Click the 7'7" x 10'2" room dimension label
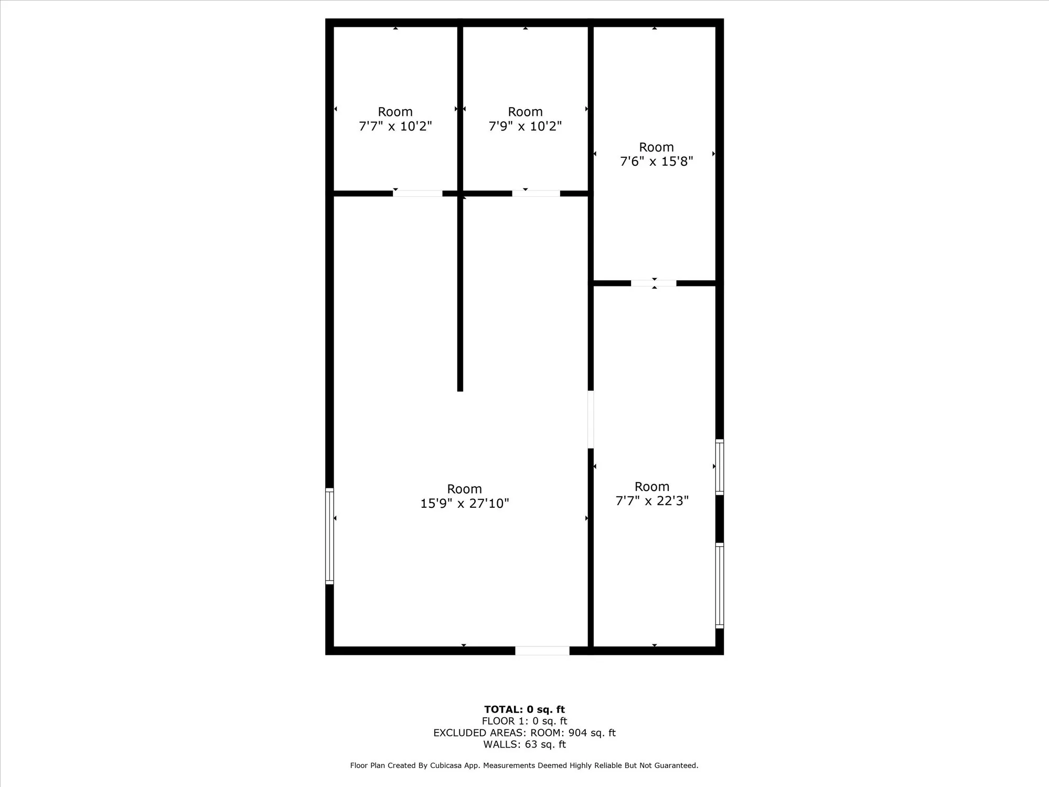[395, 126]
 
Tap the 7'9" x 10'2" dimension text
[525, 126]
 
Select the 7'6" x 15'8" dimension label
[656, 162]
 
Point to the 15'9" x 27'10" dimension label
[464, 504]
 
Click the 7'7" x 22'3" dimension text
[652, 501]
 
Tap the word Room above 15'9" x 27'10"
[464, 489]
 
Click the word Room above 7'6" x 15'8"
[656, 147]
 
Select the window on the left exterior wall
[329, 536]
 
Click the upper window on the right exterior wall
[720, 467]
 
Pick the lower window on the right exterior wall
[720, 586]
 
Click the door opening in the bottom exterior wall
[542, 651]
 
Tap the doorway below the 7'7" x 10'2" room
[418, 194]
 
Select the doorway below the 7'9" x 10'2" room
[536, 194]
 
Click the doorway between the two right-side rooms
[654, 283]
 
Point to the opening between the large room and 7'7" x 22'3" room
[591, 419]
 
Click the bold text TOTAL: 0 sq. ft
[524, 710]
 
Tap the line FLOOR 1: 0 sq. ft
[524, 721]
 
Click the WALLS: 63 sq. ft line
[524, 745]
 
